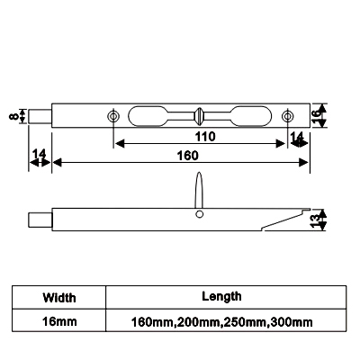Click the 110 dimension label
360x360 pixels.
click(x=205, y=137)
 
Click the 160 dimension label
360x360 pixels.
click(x=187, y=156)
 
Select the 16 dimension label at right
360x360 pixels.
click(x=316, y=116)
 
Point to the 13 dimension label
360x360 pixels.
click(x=316, y=220)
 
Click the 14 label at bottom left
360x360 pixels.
click(x=40, y=154)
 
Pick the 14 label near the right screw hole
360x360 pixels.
click(x=297, y=138)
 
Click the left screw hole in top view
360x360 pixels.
click(x=113, y=116)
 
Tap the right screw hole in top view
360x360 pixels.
click(x=288, y=116)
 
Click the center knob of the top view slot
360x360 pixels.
click(x=199, y=116)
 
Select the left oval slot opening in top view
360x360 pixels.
click(x=148, y=116)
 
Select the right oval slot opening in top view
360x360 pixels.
click(x=251, y=116)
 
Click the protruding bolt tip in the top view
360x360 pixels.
click(x=40, y=116)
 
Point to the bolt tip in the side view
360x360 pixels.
click(x=40, y=220)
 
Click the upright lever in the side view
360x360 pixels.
click(x=199, y=190)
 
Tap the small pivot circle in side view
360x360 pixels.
click(x=199, y=214)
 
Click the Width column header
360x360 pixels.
click(x=59, y=298)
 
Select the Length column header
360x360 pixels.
click(x=221, y=296)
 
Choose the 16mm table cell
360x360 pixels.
click(x=59, y=321)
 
